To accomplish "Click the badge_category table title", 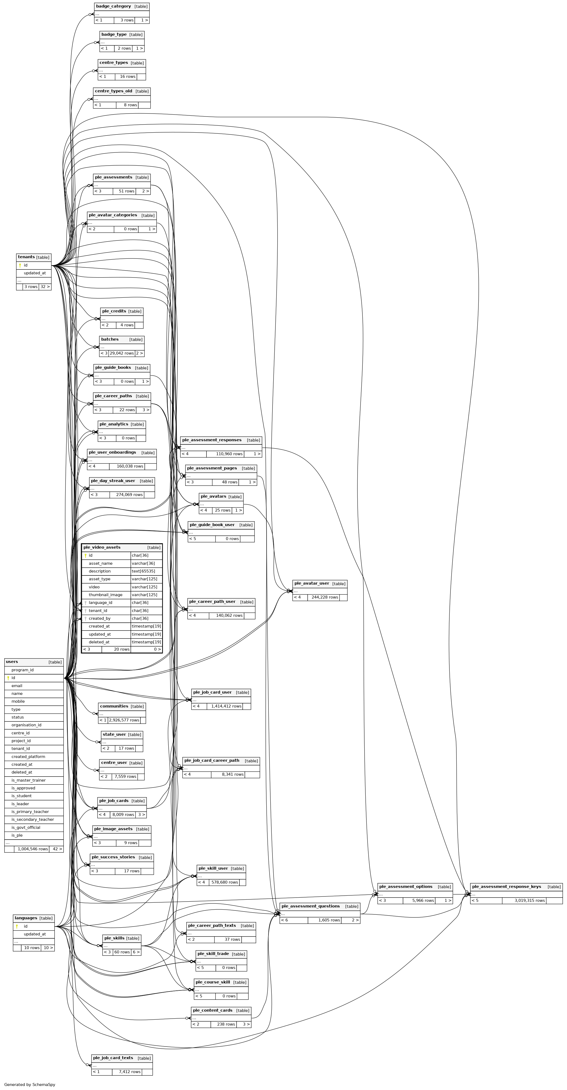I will tap(113, 6).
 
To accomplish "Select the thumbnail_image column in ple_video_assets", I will tap(105, 595).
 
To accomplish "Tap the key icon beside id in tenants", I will tap(20, 265).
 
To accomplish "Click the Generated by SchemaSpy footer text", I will tap(30, 1085).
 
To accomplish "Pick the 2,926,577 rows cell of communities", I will tap(124, 720).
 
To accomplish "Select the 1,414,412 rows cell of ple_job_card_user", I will tap(226, 706).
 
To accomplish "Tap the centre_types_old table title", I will tap(113, 91).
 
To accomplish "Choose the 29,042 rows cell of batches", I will tap(122, 353).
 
